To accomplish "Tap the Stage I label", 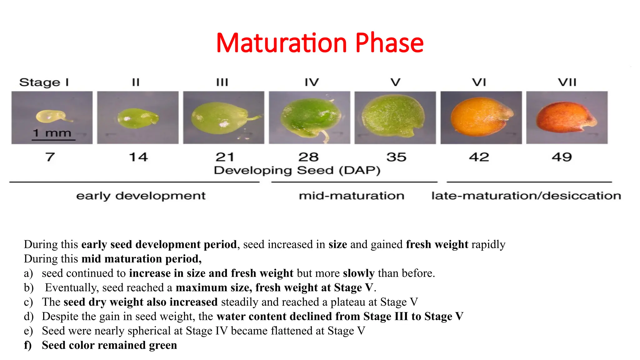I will (44, 82).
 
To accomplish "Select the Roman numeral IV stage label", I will (312, 82).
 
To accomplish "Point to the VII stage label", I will (567, 82).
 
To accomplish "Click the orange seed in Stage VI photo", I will (478, 117).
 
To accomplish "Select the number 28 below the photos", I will (308, 157).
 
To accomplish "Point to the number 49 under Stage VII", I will (562, 157).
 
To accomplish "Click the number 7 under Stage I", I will (50, 157).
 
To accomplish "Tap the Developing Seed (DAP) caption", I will (297, 171).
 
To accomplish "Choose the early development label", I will (141, 196).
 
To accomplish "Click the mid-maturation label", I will (352, 196).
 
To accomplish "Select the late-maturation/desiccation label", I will (526, 196).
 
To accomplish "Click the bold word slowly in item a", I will (358, 273).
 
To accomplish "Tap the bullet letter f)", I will (28, 345).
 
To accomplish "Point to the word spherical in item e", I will (150, 331).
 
